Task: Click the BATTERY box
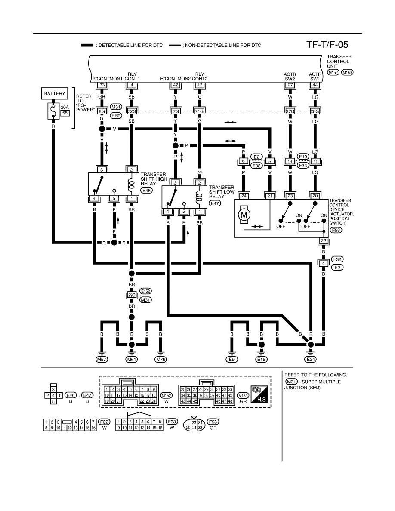point(55,93)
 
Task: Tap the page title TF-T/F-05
point(327,45)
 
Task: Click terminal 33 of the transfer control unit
point(102,85)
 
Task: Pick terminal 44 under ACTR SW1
point(315,85)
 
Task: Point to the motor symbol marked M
point(244,215)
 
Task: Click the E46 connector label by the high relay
point(147,190)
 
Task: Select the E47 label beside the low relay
point(215,203)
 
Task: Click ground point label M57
point(102,360)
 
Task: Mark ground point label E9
point(231,360)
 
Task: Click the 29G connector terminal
point(132,295)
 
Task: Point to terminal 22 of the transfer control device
point(323,241)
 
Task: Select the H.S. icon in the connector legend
point(259,394)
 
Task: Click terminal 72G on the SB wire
point(132,111)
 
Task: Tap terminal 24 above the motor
point(244,196)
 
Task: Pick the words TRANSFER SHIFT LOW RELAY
point(222,192)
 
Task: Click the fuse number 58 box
point(65,113)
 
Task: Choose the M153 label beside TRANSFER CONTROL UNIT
point(347,72)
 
